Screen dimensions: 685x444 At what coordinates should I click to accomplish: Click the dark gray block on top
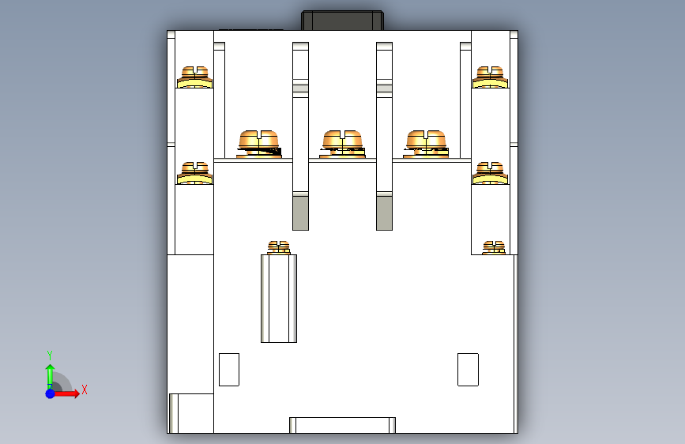tap(343, 21)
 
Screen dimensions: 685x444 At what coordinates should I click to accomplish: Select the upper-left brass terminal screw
tap(194, 77)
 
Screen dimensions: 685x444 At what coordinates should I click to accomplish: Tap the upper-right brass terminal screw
tap(490, 77)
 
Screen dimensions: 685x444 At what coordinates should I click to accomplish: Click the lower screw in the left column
tap(194, 173)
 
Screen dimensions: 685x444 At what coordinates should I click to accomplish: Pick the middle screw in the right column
tap(490, 173)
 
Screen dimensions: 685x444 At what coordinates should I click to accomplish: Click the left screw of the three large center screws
tap(259, 144)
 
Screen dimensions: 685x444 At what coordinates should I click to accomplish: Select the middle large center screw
tap(343, 144)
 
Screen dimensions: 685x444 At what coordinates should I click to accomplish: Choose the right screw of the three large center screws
tap(426, 144)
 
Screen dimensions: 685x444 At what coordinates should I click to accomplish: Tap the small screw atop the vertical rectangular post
tap(279, 248)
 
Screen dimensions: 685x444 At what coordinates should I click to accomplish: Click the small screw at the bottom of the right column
tap(494, 248)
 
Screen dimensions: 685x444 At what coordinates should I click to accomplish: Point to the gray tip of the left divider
tap(300, 213)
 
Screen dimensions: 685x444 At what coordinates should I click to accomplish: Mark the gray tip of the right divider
tap(385, 213)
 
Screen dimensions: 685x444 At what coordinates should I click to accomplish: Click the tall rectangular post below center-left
tap(279, 299)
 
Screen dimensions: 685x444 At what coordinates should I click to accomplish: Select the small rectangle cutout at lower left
tap(229, 370)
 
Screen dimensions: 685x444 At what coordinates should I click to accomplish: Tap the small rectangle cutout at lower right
tap(468, 370)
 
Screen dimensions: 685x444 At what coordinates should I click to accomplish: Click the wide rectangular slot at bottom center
tap(343, 425)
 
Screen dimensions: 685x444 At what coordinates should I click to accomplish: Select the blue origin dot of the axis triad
tap(51, 393)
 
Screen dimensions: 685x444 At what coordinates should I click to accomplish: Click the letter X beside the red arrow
tap(85, 389)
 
